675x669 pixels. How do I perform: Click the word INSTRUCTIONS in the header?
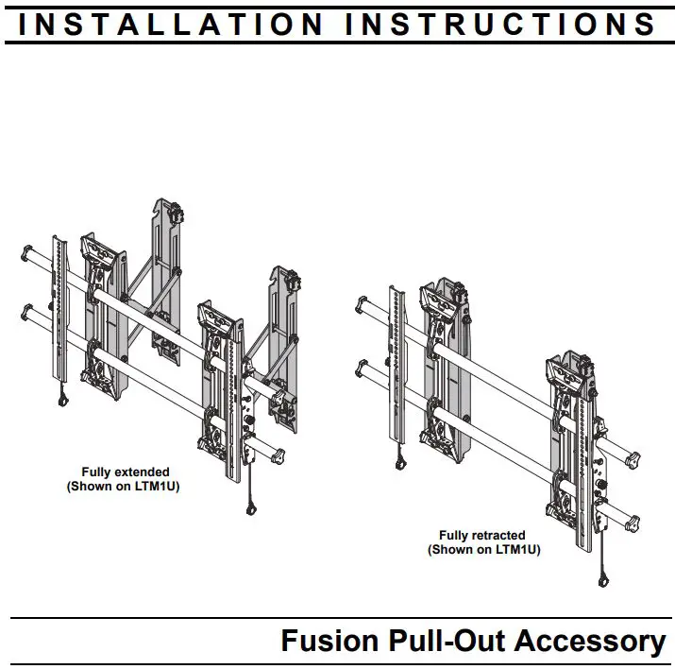500,23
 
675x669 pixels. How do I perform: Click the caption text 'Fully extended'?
125,472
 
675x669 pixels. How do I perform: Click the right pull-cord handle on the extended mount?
251,509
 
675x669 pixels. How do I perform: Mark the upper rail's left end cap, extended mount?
26,252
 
